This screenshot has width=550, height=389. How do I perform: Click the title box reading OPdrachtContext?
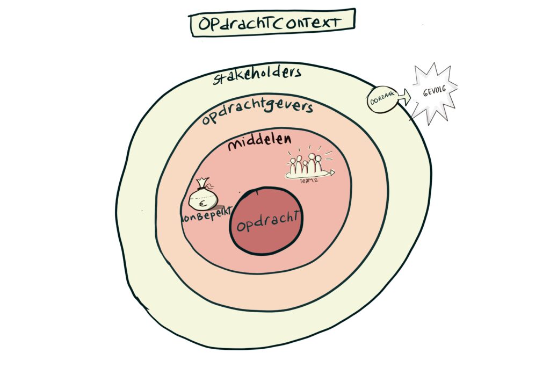[273, 23]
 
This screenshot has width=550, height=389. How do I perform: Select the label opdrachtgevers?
[257, 111]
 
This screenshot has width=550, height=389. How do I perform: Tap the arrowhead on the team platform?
[332, 172]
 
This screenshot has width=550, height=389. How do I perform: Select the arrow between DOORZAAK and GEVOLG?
[404, 97]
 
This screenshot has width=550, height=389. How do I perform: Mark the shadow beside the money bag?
[220, 207]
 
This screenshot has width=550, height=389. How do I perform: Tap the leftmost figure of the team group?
[293, 167]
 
